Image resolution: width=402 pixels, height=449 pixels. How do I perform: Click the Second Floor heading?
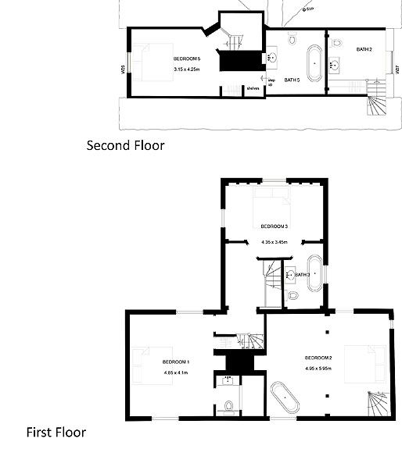click(x=125, y=144)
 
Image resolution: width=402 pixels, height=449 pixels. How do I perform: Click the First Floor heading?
click(x=56, y=432)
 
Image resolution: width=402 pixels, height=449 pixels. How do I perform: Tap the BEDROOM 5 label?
click(x=188, y=59)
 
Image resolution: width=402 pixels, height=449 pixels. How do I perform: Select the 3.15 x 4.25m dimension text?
click(x=188, y=69)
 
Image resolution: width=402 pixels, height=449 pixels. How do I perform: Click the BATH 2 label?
click(x=364, y=50)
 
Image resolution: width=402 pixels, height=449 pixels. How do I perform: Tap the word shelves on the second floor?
click(x=253, y=88)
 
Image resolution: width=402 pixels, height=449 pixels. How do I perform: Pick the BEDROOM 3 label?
click(x=275, y=226)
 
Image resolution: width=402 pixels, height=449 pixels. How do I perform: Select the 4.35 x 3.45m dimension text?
click(x=275, y=241)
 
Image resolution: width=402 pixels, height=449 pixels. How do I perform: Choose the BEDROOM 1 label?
click(x=176, y=362)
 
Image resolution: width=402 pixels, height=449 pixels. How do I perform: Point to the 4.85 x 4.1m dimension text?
click(x=177, y=372)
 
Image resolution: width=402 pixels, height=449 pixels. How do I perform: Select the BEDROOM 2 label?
click(x=318, y=358)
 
